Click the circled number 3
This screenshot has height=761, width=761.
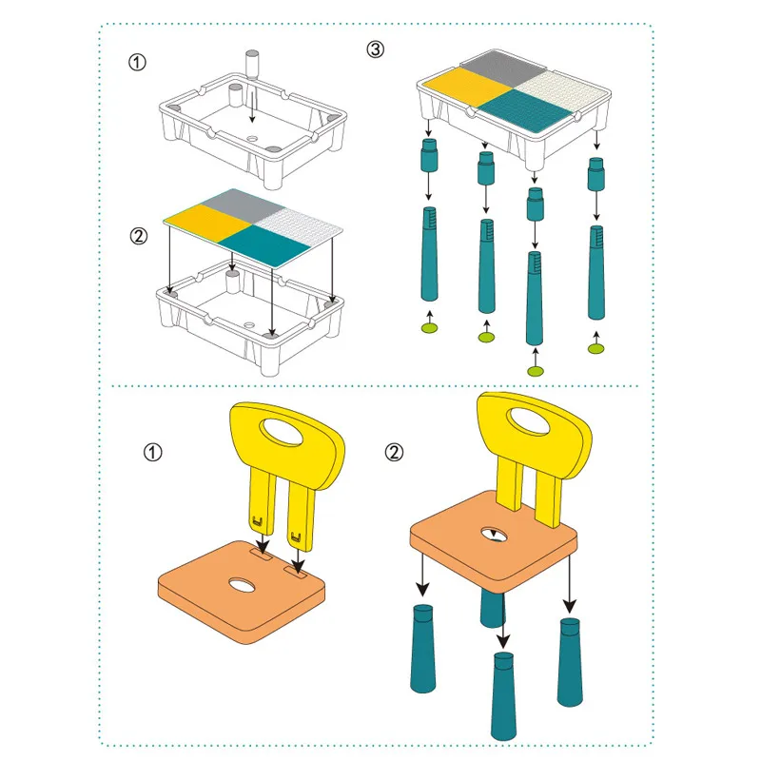[375, 49]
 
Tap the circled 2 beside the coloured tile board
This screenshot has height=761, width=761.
[138, 236]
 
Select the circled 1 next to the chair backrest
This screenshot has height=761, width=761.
[152, 453]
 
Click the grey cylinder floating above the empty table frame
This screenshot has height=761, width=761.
[252, 64]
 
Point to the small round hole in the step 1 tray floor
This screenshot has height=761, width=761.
[252, 138]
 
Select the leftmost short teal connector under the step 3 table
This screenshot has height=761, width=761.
[429, 154]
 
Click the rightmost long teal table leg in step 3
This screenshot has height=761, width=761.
[596, 272]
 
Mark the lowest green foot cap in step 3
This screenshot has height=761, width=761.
[536, 372]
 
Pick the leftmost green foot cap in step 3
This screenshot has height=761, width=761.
[430, 328]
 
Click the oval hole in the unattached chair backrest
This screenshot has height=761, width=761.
[282, 431]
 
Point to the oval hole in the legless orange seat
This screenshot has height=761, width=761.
[242, 585]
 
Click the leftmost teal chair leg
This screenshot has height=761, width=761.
[422, 649]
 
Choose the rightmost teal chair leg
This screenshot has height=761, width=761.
[570, 662]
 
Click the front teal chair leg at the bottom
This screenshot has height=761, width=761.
[504, 696]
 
